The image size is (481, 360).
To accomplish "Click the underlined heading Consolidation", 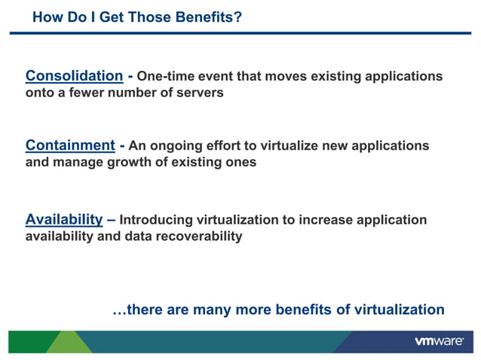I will click(x=74, y=76).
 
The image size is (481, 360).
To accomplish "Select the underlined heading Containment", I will click(x=69, y=145).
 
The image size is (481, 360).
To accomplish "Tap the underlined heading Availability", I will click(x=64, y=220).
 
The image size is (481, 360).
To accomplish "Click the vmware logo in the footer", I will click(x=439, y=341).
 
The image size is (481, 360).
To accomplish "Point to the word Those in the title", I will click(x=133, y=16).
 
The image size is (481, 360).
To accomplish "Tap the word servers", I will click(x=200, y=93).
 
